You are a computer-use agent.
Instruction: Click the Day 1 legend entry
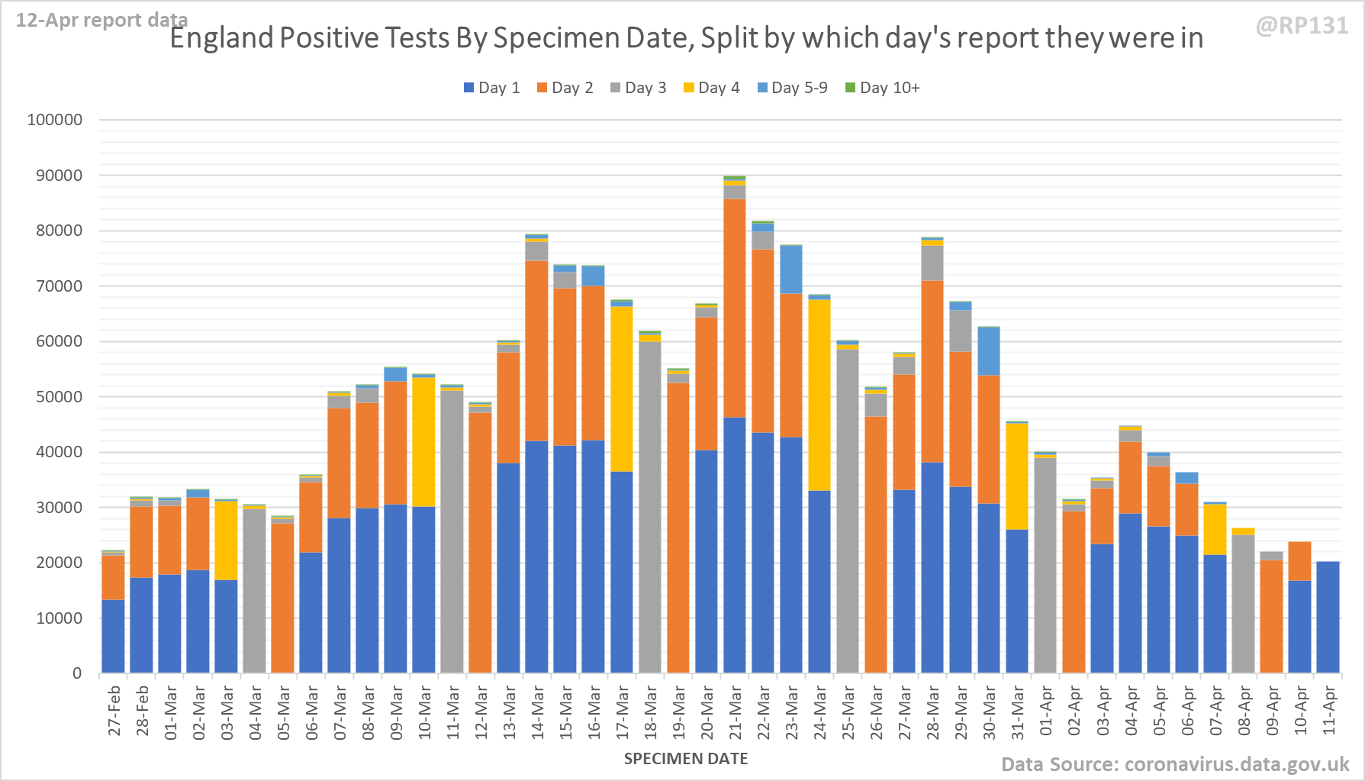492,88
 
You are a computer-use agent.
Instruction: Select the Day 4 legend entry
711,88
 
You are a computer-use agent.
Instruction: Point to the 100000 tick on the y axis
55,120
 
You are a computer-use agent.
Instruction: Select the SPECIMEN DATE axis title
685,759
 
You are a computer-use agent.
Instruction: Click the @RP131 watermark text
1302,26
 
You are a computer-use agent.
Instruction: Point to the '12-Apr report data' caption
101,20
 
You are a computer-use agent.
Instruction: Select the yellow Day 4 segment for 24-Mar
819,395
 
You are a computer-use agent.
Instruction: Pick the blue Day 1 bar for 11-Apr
1328,617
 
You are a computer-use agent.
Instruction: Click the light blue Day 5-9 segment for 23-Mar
791,269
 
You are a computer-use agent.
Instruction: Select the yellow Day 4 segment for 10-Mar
423,442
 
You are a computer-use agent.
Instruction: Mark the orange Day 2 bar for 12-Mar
480,543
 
